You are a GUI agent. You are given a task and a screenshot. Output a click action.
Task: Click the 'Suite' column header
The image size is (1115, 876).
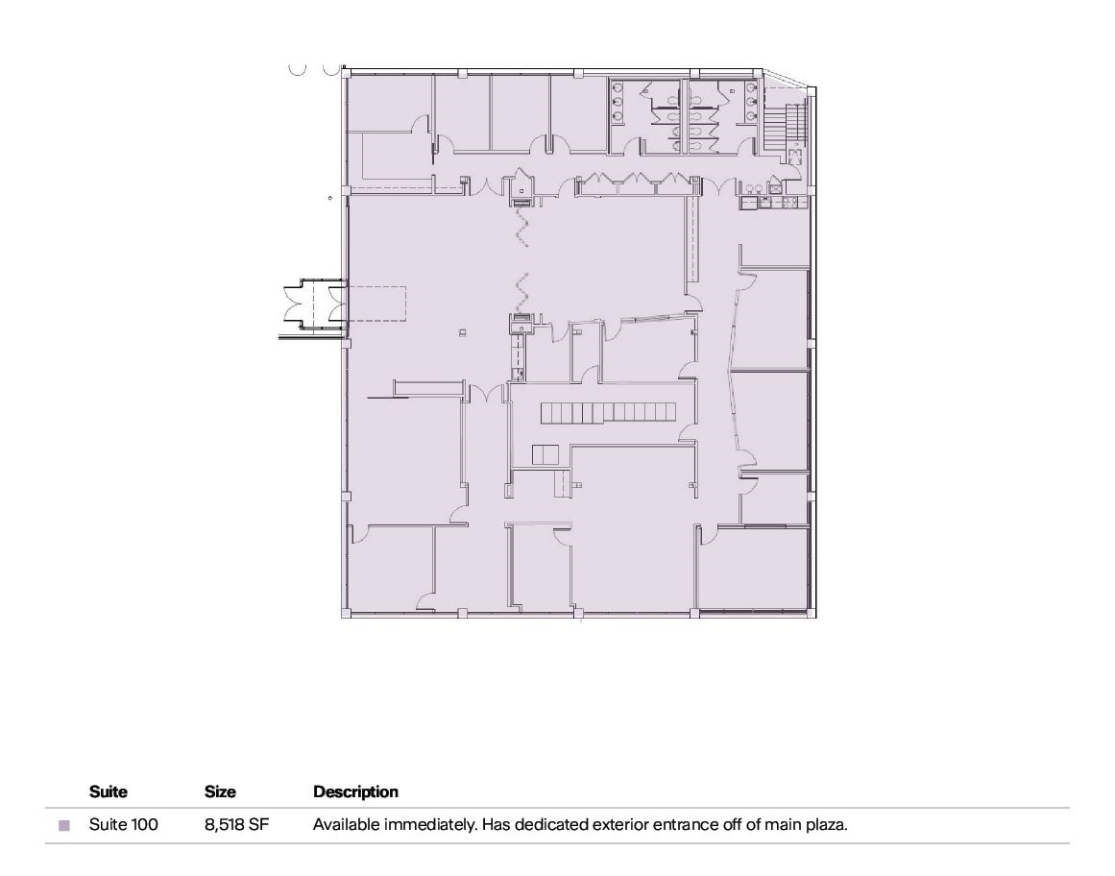pos(108,792)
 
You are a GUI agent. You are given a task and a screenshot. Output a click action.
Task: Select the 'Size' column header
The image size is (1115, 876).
pos(220,792)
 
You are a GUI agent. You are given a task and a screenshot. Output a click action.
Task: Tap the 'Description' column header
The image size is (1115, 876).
pos(355,792)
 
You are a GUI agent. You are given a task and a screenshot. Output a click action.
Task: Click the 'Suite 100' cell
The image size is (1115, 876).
pos(123,824)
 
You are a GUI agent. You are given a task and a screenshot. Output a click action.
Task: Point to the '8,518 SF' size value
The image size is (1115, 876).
pos(235,824)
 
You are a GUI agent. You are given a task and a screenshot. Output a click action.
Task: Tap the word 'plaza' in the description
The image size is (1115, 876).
pos(826,824)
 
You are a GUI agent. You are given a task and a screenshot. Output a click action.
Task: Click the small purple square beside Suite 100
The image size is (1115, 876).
pos(64,825)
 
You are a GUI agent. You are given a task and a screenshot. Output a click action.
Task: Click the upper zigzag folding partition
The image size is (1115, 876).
pos(523,228)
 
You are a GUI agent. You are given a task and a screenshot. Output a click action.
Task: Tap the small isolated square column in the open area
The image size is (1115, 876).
pos(462,332)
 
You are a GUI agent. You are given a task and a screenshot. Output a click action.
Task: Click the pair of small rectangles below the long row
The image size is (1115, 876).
pos(545,455)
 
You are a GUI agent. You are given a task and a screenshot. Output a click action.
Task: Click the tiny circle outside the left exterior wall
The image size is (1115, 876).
pos(328,198)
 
